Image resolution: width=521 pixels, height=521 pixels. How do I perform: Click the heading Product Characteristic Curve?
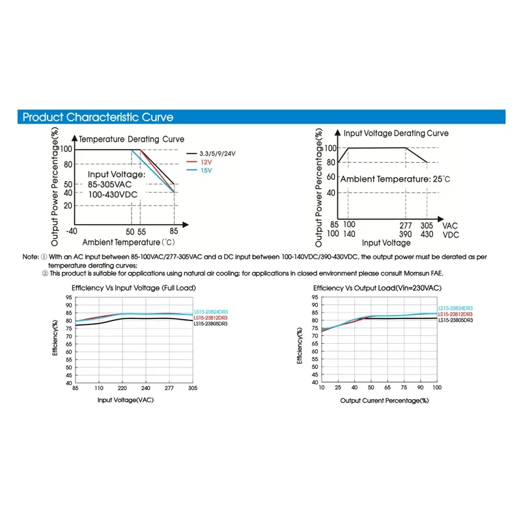click(98, 118)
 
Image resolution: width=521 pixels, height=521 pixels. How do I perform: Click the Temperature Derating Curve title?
click(132, 139)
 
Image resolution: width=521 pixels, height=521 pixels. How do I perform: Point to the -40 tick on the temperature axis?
click(72, 232)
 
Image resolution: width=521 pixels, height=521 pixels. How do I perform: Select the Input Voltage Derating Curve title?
click(396, 134)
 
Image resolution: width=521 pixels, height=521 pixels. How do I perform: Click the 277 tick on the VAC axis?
click(405, 225)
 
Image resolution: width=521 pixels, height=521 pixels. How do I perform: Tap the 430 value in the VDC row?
click(427, 234)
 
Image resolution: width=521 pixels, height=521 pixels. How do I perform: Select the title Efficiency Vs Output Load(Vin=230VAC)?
click(378, 288)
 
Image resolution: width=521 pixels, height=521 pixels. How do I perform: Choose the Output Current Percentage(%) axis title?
click(384, 400)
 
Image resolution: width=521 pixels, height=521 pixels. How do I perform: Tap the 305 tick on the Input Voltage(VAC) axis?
click(192, 389)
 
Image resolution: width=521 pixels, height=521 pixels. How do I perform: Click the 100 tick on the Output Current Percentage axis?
click(436, 389)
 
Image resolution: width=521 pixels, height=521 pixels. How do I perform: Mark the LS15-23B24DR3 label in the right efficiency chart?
click(455, 308)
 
